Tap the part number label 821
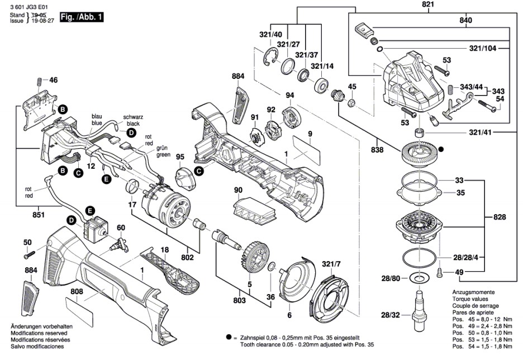point(427,4)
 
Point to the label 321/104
point(483,49)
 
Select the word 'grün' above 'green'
point(163,148)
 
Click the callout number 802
point(187,258)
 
